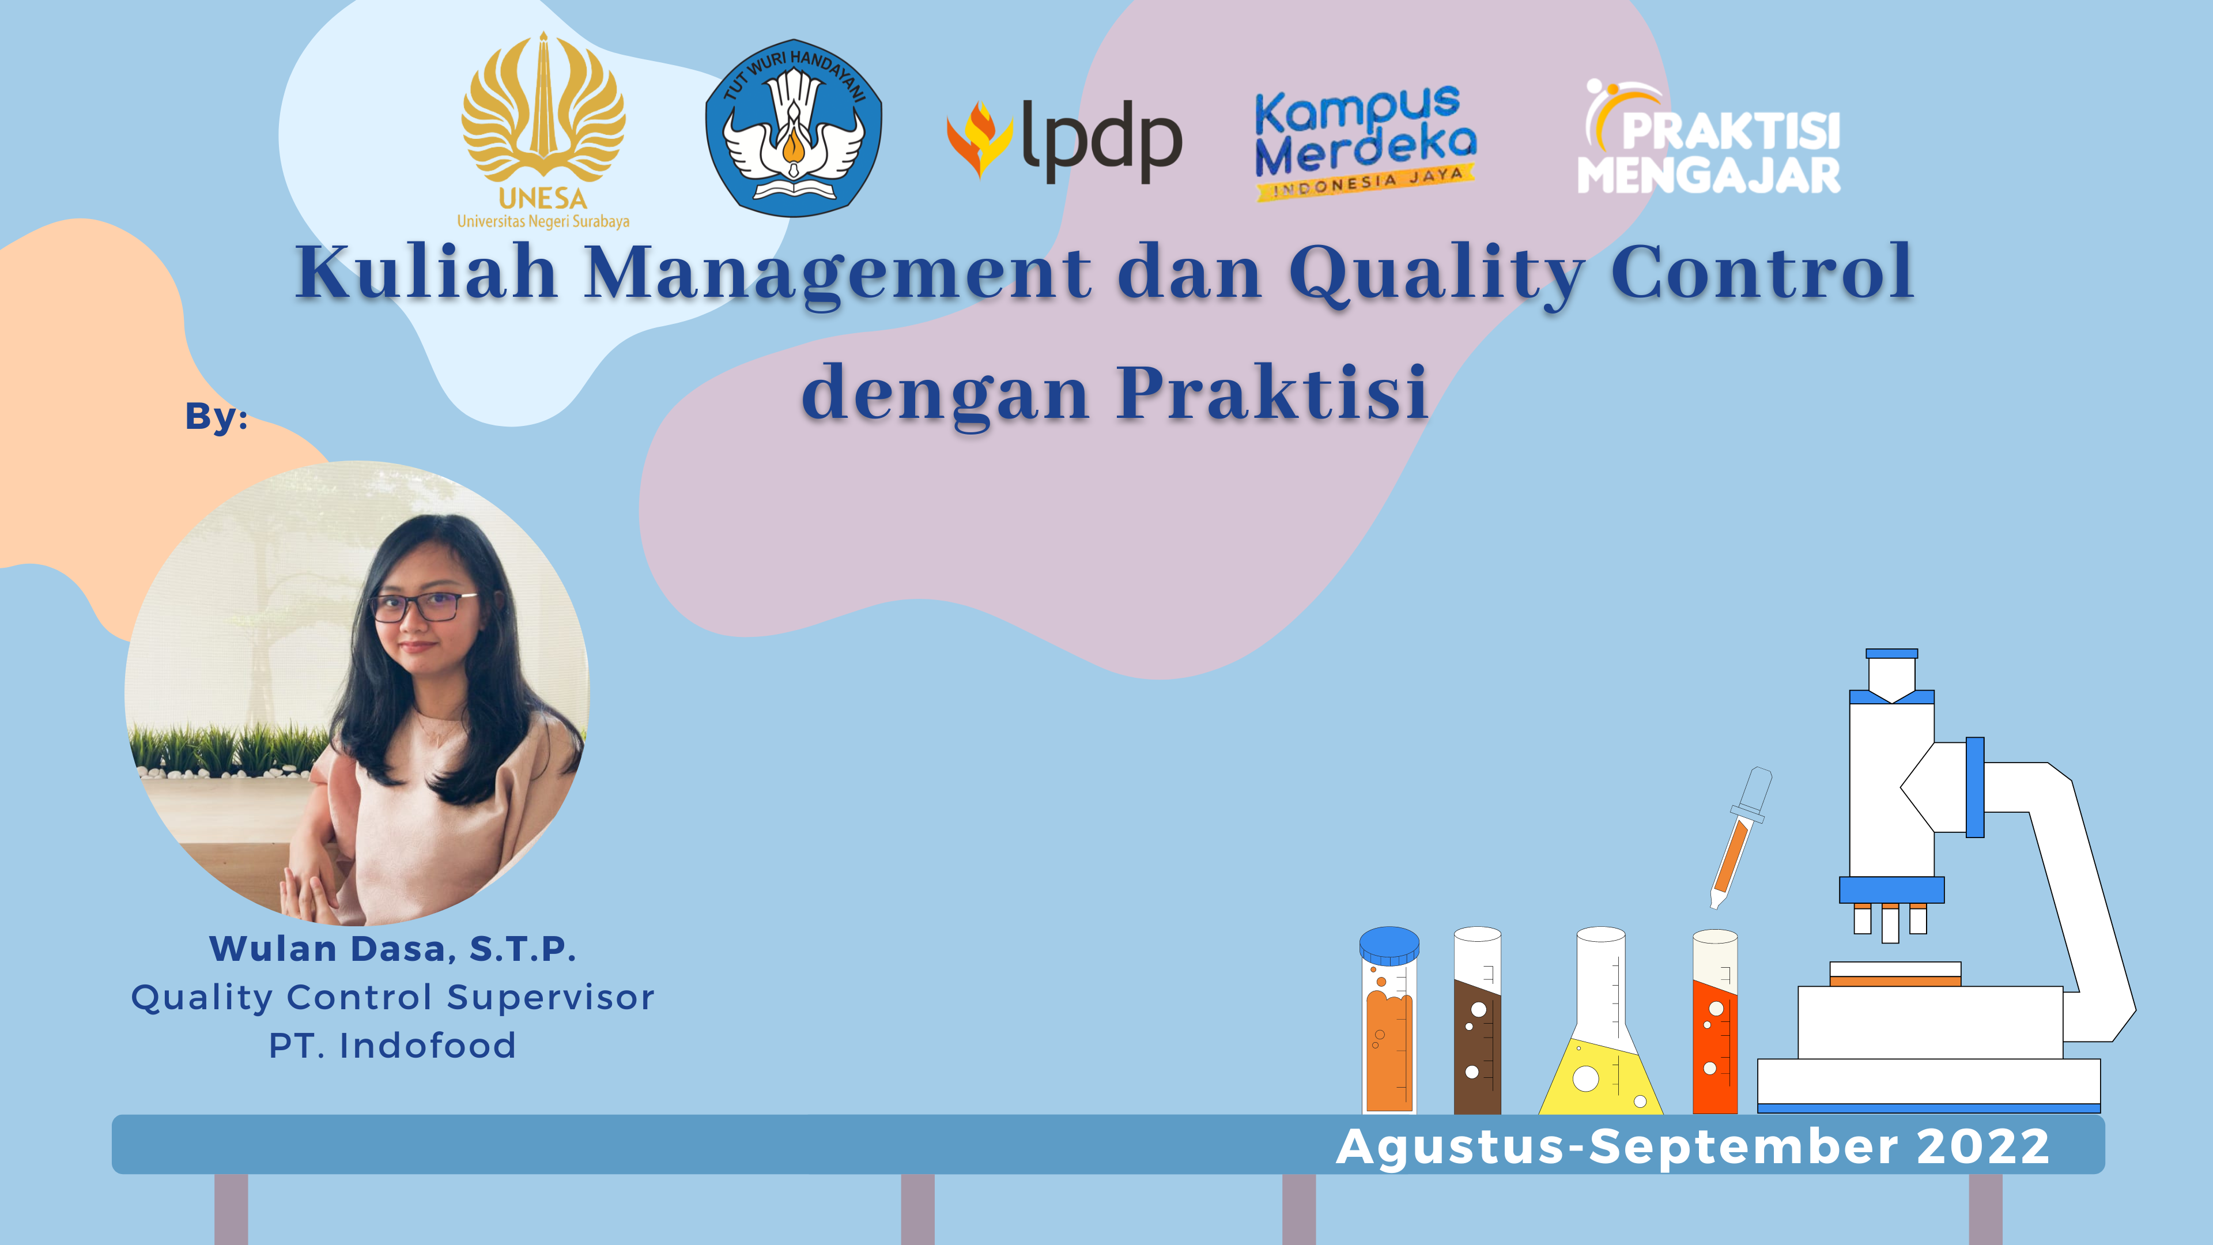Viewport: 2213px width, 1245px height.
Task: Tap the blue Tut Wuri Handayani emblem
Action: point(794,127)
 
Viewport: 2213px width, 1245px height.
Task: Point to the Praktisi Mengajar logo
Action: point(1709,138)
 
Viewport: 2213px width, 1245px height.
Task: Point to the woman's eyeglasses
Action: point(424,606)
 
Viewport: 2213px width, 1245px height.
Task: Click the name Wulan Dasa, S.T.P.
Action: point(392,949)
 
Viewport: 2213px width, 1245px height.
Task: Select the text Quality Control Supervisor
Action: point(392,998)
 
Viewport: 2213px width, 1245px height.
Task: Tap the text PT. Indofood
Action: point(392,1046)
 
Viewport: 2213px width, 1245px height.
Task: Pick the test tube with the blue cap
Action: point(1389,1021)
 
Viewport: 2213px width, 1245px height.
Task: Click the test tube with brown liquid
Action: point(1478,1021)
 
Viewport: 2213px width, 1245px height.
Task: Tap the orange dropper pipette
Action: point(1740,837)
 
